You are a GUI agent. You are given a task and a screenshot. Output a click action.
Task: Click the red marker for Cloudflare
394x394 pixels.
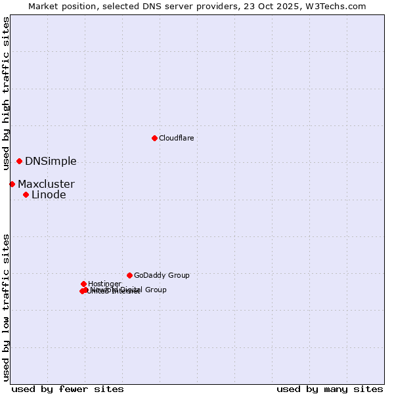click(x=154, y=138)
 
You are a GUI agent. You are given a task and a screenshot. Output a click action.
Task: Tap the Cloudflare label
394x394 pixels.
click(x=176, y=138)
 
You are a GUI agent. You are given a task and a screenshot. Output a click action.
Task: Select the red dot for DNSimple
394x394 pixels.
click(x=19, y=161)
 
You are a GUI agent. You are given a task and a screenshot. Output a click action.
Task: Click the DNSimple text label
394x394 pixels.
click(x=51, y=162)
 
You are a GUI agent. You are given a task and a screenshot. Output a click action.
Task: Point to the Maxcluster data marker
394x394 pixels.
click(x=12, y=184)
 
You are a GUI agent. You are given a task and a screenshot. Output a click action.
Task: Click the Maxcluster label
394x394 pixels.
click(x=46, y=185)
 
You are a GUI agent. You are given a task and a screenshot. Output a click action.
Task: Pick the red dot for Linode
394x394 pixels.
click(x=26, y=194)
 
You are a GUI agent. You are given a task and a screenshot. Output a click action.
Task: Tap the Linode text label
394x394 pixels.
click(x=49, y=195)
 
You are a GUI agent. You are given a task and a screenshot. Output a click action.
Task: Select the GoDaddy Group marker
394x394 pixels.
click(x=129, y=275)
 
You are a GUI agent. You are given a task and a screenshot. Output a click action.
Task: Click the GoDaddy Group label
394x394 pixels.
click(x=162, y=276)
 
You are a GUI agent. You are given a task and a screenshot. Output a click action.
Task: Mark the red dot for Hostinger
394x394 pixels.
click(x=83, y=284)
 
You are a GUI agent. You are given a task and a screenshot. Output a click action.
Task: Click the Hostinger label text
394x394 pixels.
click(x=104, y=284)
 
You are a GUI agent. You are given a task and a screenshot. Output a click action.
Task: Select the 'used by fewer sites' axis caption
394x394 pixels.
click(x=68, y=389)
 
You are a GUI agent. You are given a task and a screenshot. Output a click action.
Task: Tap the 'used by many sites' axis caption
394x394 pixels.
click(x=330, y=389)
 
